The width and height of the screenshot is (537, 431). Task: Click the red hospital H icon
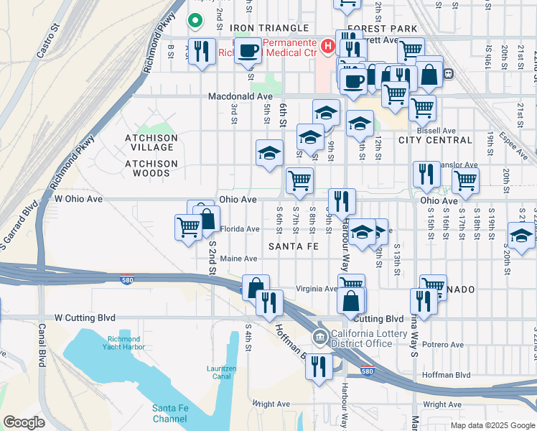point(328,47)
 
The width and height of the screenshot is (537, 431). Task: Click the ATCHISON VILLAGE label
point(151,143)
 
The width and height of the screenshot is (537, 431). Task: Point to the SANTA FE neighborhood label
point(293,246)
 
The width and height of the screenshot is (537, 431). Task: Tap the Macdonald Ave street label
point(241,96)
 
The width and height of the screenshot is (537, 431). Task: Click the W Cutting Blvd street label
point(85,317)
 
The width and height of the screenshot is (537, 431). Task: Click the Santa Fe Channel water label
point(170,413)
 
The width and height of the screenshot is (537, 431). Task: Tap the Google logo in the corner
point(24,422)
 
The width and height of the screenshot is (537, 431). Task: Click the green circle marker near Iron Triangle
point(194,21)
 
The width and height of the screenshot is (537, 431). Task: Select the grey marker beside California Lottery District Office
point(319,336)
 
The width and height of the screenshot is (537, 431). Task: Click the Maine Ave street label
point(239,259)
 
